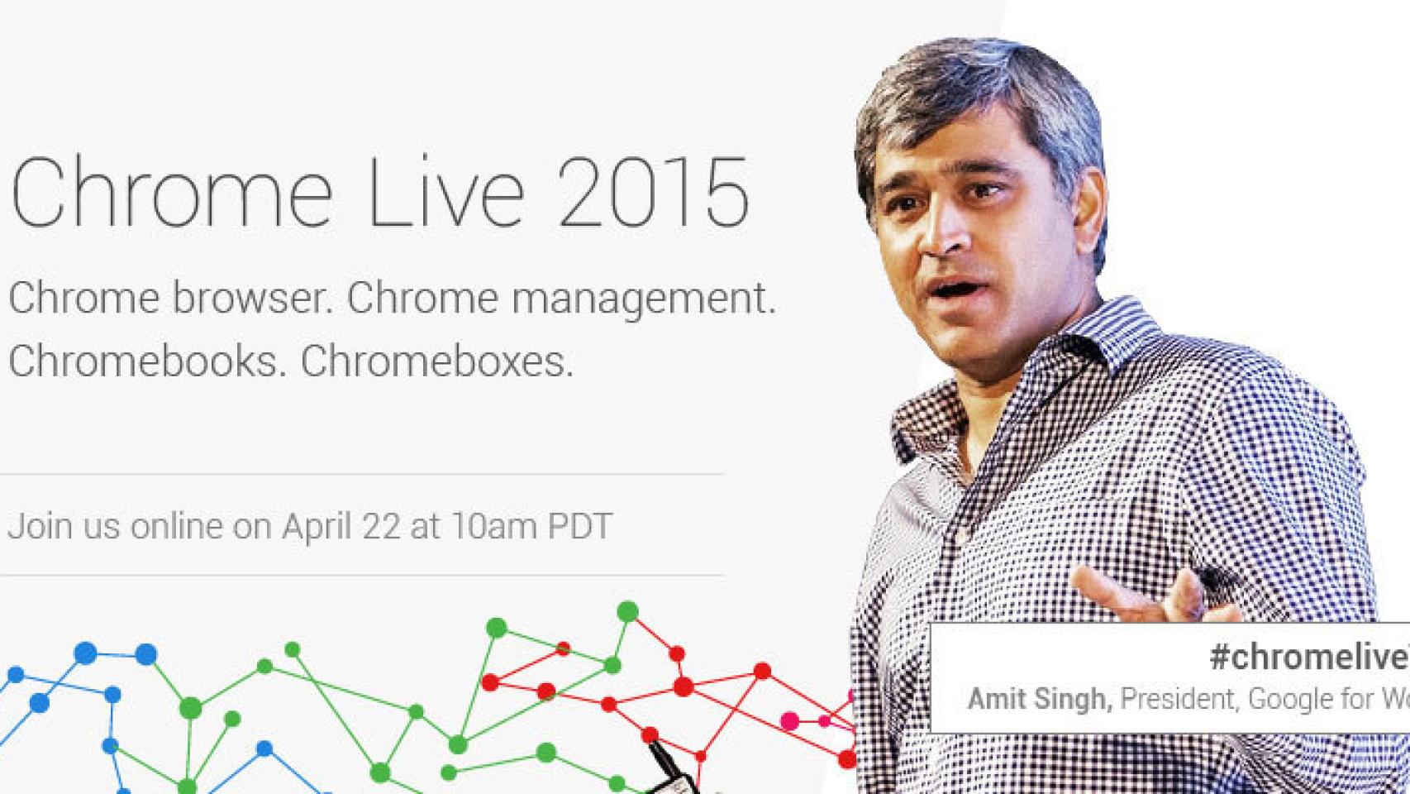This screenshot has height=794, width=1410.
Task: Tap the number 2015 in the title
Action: (653, 195)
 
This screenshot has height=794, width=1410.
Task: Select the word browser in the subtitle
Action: (251, 298)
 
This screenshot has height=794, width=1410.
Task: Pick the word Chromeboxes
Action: (436, 361)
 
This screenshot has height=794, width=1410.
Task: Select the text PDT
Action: (579, 526)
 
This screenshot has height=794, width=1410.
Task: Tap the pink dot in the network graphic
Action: (790, 721)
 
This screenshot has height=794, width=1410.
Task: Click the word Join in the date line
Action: (32, 526)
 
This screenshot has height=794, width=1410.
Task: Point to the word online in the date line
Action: (177, 526)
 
